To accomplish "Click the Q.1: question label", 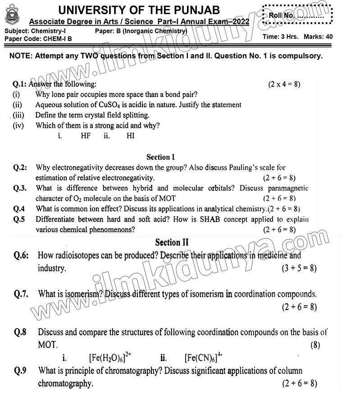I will coord(20,84).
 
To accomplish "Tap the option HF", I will coord(86,135).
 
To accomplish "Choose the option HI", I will coord(130,135).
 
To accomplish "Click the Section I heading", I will coord(160,157).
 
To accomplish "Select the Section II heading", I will coord(172,242).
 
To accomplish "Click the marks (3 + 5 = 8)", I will coord(299,268).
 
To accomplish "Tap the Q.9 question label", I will coord(21,371).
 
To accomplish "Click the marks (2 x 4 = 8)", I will coord(284,84).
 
